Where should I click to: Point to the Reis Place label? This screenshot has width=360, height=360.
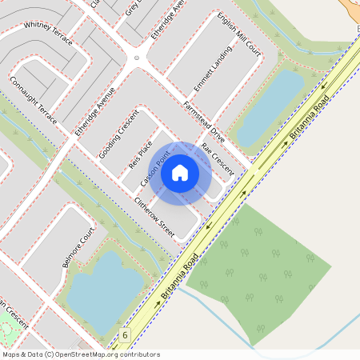click(140, 154)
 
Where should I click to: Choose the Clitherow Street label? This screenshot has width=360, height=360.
click(154, 215)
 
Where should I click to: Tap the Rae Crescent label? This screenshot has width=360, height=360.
click(217, 159)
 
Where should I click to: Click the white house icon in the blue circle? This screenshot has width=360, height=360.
click(180, 171)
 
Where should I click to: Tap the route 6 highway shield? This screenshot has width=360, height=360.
click(125, 334)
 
